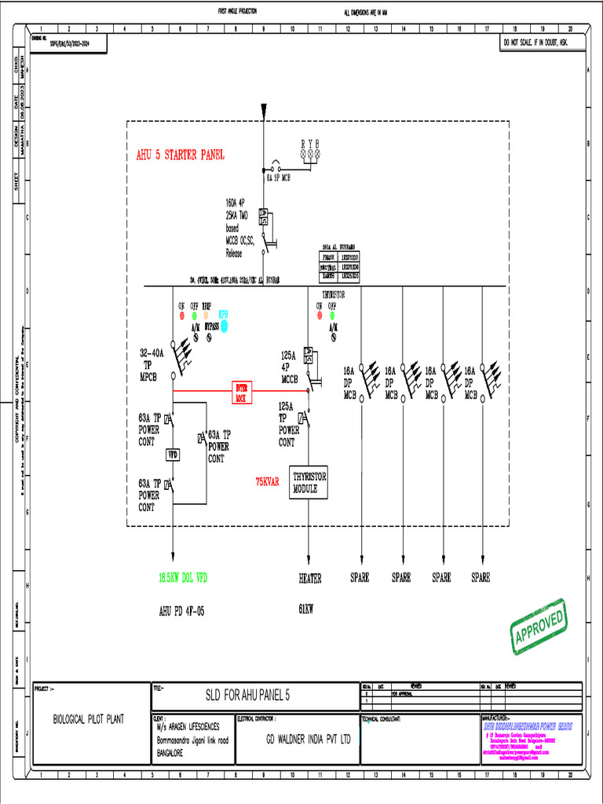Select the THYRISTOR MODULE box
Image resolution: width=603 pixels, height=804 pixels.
(309, 482)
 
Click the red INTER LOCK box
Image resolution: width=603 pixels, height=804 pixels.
(241, 392)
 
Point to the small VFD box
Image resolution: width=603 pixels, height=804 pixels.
(174, 454)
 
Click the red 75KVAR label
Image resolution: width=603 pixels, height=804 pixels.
(267, 482)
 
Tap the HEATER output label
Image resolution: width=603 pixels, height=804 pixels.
(309, 578)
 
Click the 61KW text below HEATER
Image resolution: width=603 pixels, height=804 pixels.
(306, 608)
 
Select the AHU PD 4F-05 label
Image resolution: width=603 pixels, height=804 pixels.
(181, 609)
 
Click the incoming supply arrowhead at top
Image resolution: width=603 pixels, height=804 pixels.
(265, 108)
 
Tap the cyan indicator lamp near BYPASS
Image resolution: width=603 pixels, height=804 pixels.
(223, 325)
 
